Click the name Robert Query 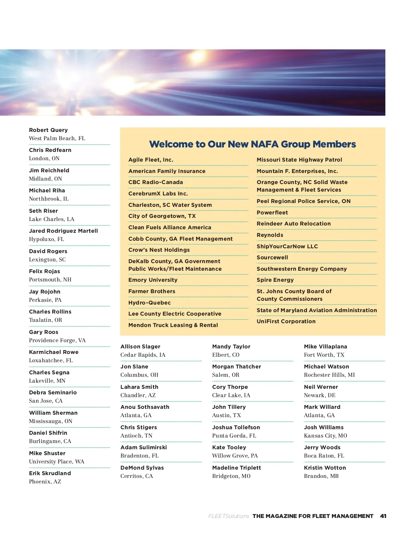coord(48,130)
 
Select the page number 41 coord(383,516)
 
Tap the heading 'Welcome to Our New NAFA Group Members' coord(252,144)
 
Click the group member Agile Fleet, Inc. coord(151,160)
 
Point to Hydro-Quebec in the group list coord(149,303)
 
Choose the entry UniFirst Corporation coord(286,321)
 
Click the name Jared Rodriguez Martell coord(63,231)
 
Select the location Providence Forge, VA coord(57,340)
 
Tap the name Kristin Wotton coord(325,468)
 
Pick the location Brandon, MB coord(321,476)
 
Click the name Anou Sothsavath coord(145,407)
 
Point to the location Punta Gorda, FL coord(234,436)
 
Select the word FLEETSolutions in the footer coord(229,516)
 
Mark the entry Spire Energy coord(275,280)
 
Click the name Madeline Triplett coord(236,468)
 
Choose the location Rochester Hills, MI coord(329,375)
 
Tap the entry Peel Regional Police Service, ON coord(303,201)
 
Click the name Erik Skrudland coord(50,473)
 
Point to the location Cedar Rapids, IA coord(143,355)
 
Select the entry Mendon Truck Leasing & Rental coord(173,325)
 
